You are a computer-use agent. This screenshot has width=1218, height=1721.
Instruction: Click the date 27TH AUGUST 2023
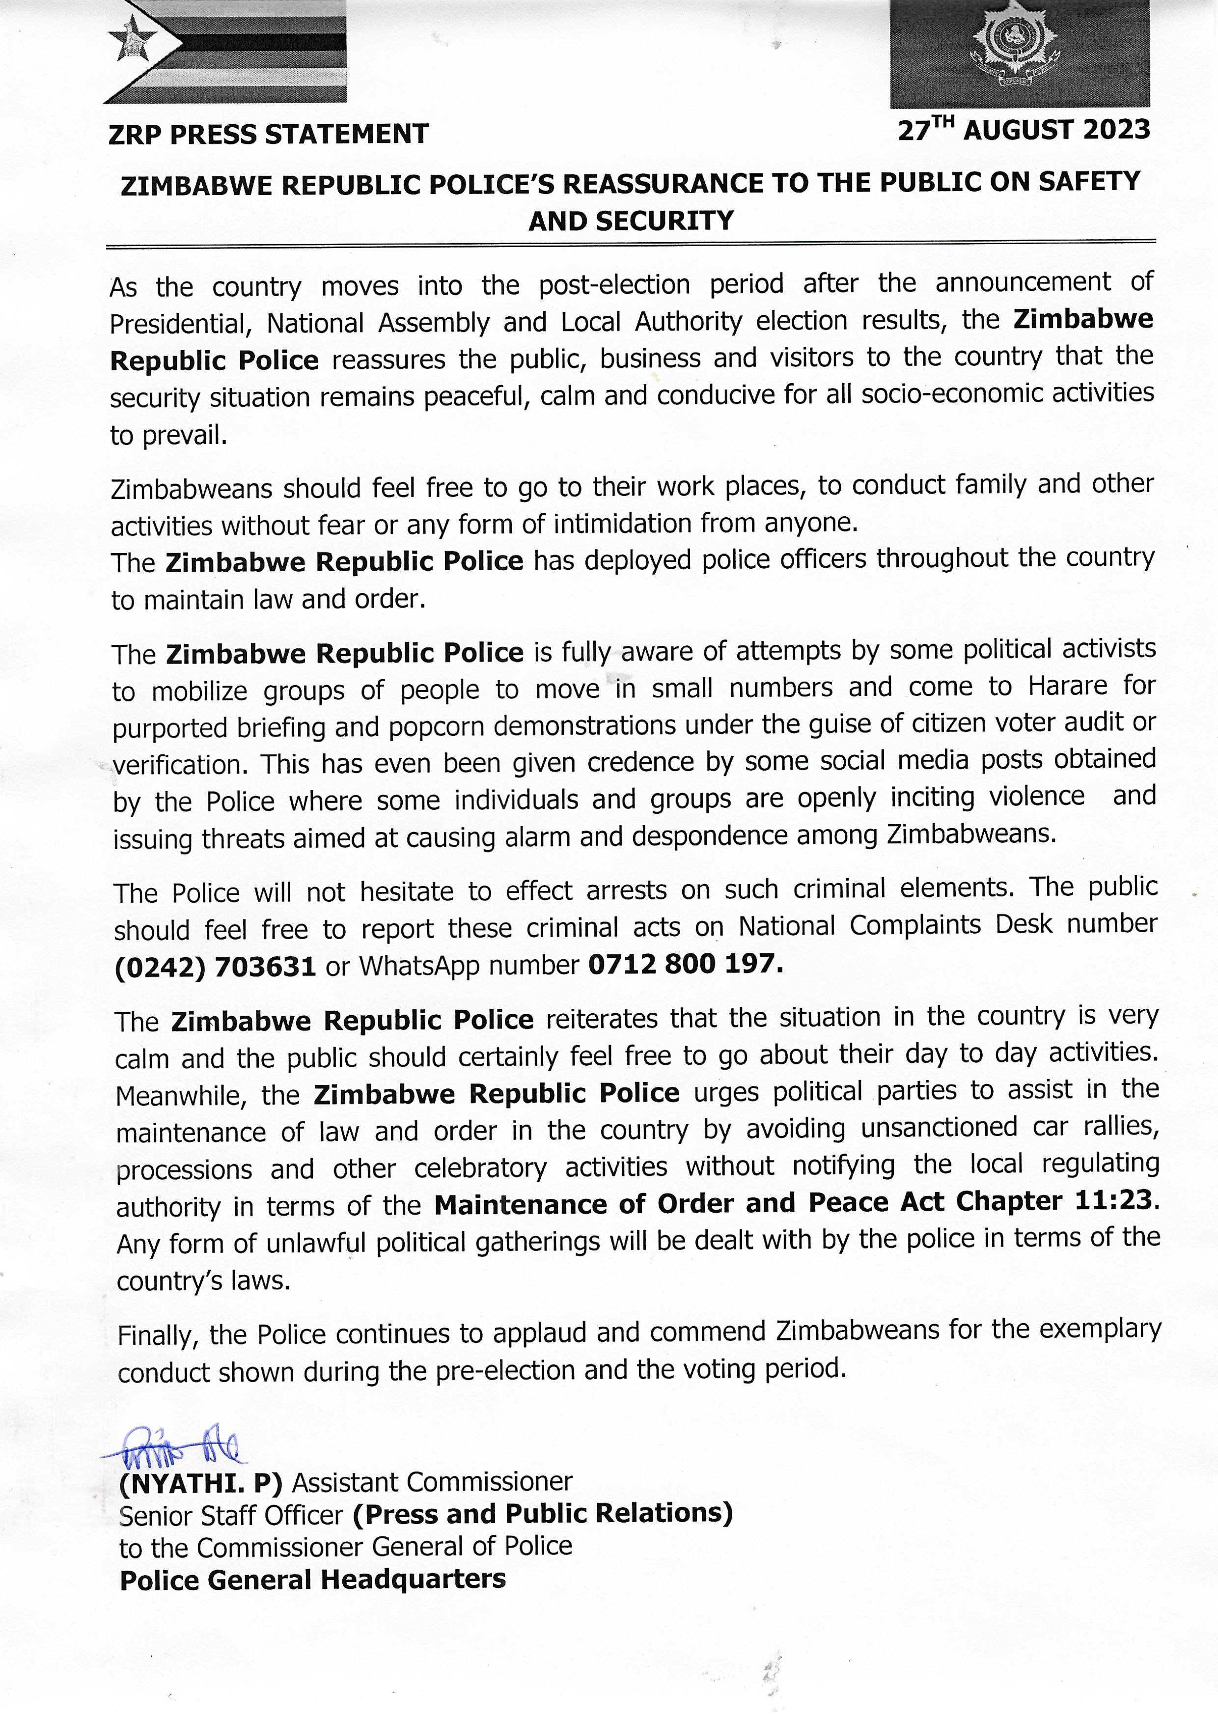(x=1023, y=131)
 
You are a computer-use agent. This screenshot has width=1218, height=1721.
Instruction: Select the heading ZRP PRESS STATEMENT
(x=269, y=134)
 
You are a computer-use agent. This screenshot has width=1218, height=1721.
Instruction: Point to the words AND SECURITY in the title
(x=631, y=221)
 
